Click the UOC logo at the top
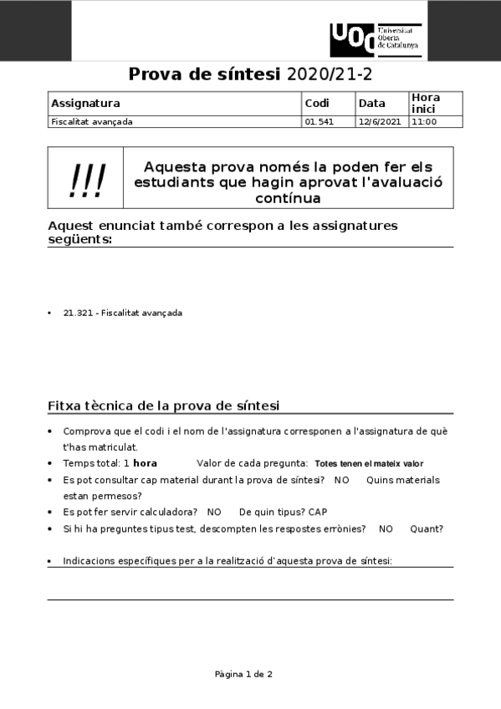[x=376, y=39]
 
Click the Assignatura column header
[x=86, y=104]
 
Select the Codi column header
[x=317, y=104]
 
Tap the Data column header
[x=371, y=104]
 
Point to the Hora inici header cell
[x=425, y=104]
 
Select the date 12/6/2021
[x=380, y=122]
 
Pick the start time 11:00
[x=424, y=122]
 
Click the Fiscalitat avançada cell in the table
[x=92, y=122]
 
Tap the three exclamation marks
[x=87, y=179]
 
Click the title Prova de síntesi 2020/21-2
[x=250, y=74]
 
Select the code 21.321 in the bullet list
[x=77, y=314]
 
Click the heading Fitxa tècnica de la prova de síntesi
[x=163, y=406]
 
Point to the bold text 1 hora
[x=141, y=463]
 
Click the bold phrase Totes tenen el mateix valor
[x=369, y=464]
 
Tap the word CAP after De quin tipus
[x=318, y=512]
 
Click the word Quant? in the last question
[x=427, y=528]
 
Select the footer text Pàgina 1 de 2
[x=243, y=674]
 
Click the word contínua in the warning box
[x=288, y=199]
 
